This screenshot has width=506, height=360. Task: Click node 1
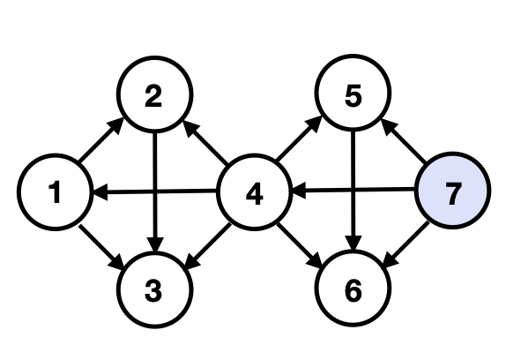pos(55,192)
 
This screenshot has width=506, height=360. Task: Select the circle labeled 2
pos(154,97)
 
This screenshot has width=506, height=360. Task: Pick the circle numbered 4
pos(254,192)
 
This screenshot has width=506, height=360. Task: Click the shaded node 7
pos(452,192)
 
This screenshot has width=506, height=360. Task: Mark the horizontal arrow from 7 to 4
pos(388,189)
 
